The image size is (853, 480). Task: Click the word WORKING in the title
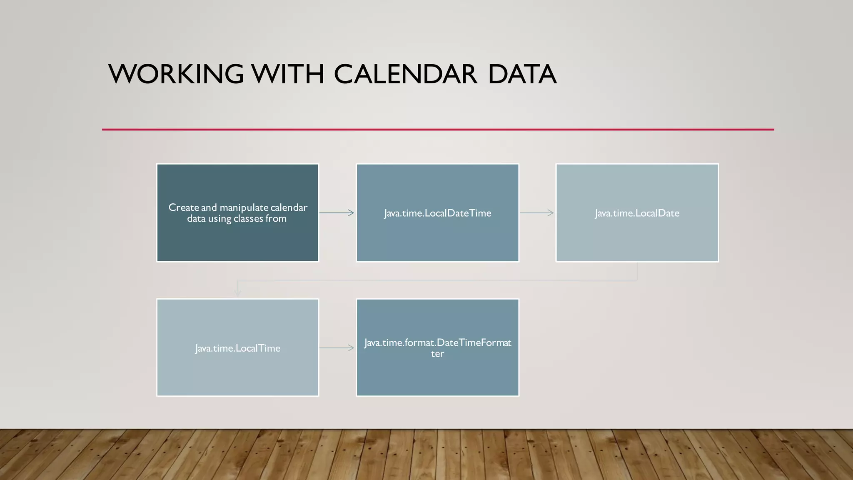tap(176, 74)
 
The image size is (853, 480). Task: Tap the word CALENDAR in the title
tap(405, 74)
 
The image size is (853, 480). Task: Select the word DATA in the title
tap(522, 74)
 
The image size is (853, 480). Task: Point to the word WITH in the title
tap(288, 74)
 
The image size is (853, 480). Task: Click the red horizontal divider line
tap(437, 130)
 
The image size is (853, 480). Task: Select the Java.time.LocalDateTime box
tap(437, 233)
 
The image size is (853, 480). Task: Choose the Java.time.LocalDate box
tap(637, 233)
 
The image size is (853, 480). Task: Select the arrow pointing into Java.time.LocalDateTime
tap(337, 213)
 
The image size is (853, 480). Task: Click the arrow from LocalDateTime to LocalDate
tap(536, 213)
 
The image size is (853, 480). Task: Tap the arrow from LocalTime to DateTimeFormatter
tap(337, 348)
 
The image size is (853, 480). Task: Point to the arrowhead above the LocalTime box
tap(238, 292)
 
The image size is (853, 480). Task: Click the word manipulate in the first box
tap(244, 207)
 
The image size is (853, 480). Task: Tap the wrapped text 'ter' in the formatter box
tap(437, 354)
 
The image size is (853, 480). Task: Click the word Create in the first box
tap(184, 207)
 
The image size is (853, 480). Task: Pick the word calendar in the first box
tap(289, 207)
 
